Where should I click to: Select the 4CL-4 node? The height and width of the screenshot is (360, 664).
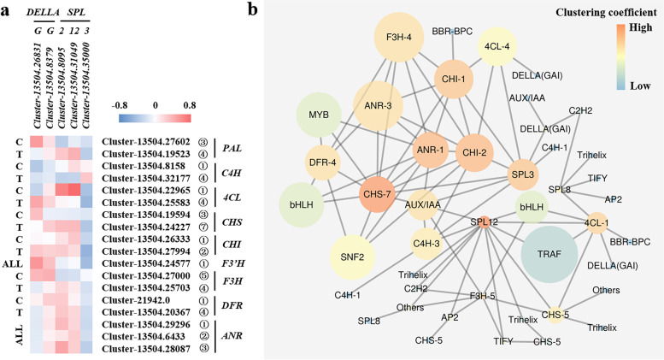point(497,47)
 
